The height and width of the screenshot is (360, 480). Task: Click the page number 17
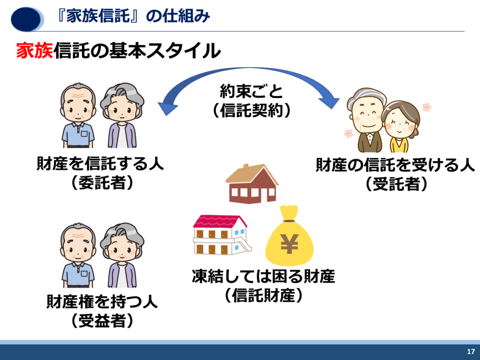coord(471,352)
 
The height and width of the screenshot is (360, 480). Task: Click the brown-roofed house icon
coord(252,184)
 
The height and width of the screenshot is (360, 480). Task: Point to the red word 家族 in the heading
coord(35,51)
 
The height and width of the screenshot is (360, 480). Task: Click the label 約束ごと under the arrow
coord(251,91)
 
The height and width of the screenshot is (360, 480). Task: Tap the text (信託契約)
coord(251,110)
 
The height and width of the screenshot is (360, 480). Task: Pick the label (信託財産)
coord(263,295)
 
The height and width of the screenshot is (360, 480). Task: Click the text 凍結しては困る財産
coord(263,276)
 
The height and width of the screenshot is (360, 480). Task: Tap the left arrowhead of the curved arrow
coord(167,108)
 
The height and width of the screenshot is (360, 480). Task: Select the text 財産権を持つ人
coord(102,301)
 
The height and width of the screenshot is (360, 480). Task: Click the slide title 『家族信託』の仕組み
coord(134,16)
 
